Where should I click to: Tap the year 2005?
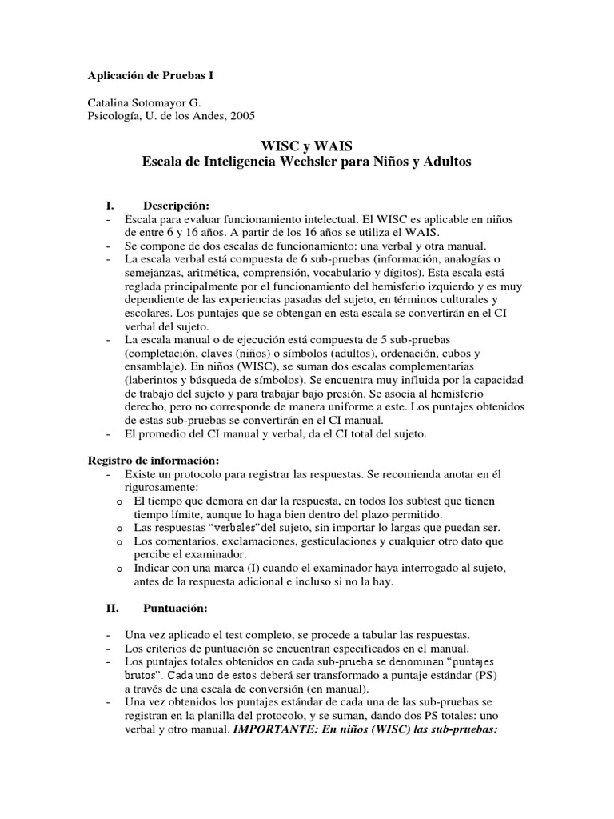241,115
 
